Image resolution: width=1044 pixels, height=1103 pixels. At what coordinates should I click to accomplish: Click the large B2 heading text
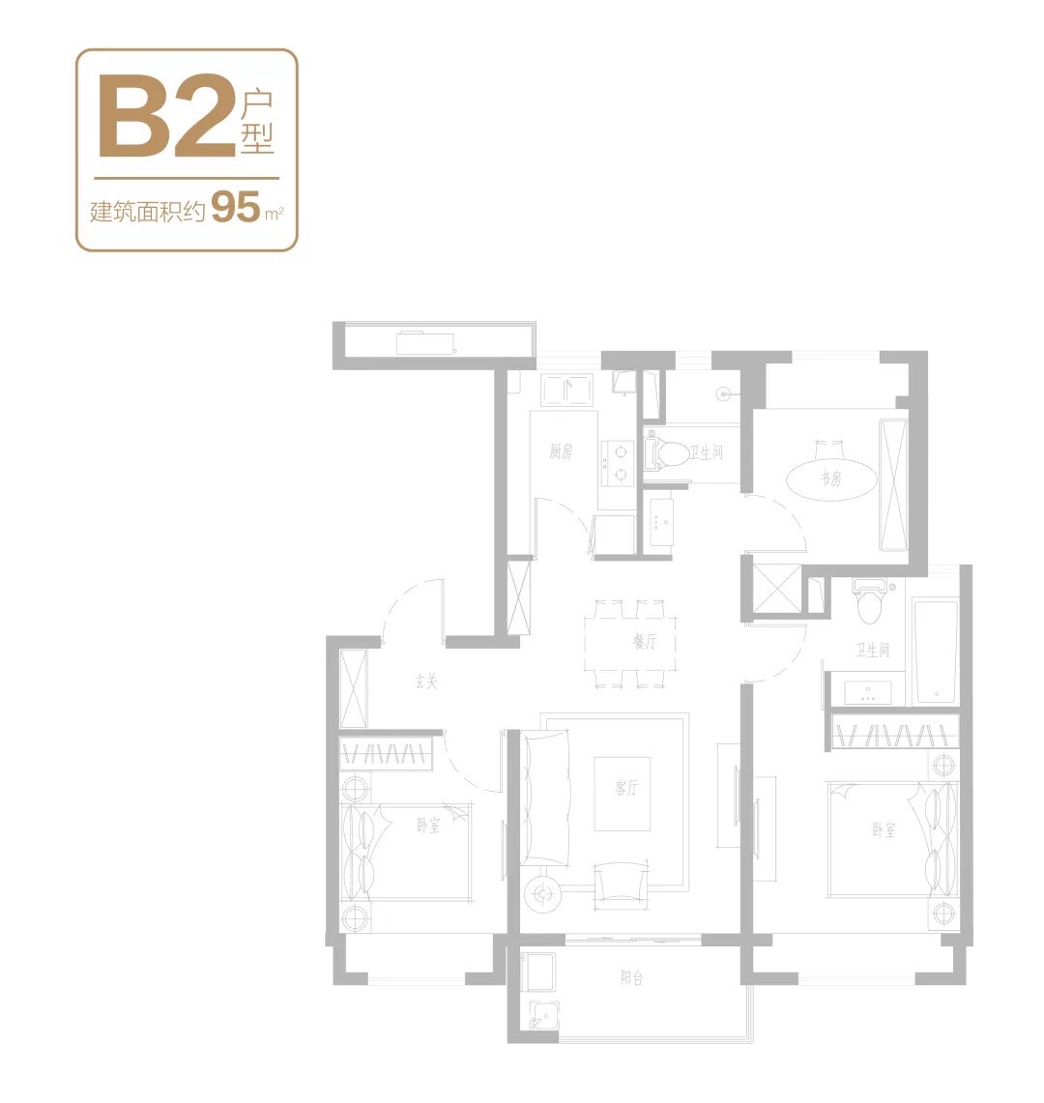click(166, 116)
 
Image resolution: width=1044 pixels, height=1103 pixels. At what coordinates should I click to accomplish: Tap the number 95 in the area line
click(236, 207)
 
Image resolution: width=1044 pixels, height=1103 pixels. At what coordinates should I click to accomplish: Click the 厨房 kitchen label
click(561, 450)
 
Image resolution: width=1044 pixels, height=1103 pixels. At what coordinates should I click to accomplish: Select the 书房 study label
click(830, 479)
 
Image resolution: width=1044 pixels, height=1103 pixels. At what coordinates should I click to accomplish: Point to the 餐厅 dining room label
click(645, 641)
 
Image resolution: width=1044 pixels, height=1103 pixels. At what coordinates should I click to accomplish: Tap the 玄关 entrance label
click(425, 681)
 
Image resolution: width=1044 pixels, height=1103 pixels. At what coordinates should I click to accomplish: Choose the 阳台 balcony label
click(631, 977)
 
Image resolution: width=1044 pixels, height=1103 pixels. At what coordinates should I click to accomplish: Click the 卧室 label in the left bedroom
click(427, 826)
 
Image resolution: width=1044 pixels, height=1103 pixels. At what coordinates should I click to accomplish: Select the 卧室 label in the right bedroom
click(884, 829)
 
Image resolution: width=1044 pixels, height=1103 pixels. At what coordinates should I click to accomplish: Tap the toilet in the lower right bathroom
click(870, 601)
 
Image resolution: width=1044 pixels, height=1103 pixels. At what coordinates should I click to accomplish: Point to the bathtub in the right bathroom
click(936, 651)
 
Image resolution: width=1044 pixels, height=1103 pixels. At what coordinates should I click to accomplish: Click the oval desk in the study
click(830, 479)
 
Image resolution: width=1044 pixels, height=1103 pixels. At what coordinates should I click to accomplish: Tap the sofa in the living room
click(545, 798)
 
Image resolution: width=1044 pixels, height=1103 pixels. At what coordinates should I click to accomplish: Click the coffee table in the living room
click(622, 794)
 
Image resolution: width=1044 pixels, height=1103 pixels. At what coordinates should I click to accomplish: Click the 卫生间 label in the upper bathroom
click(706, 452)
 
